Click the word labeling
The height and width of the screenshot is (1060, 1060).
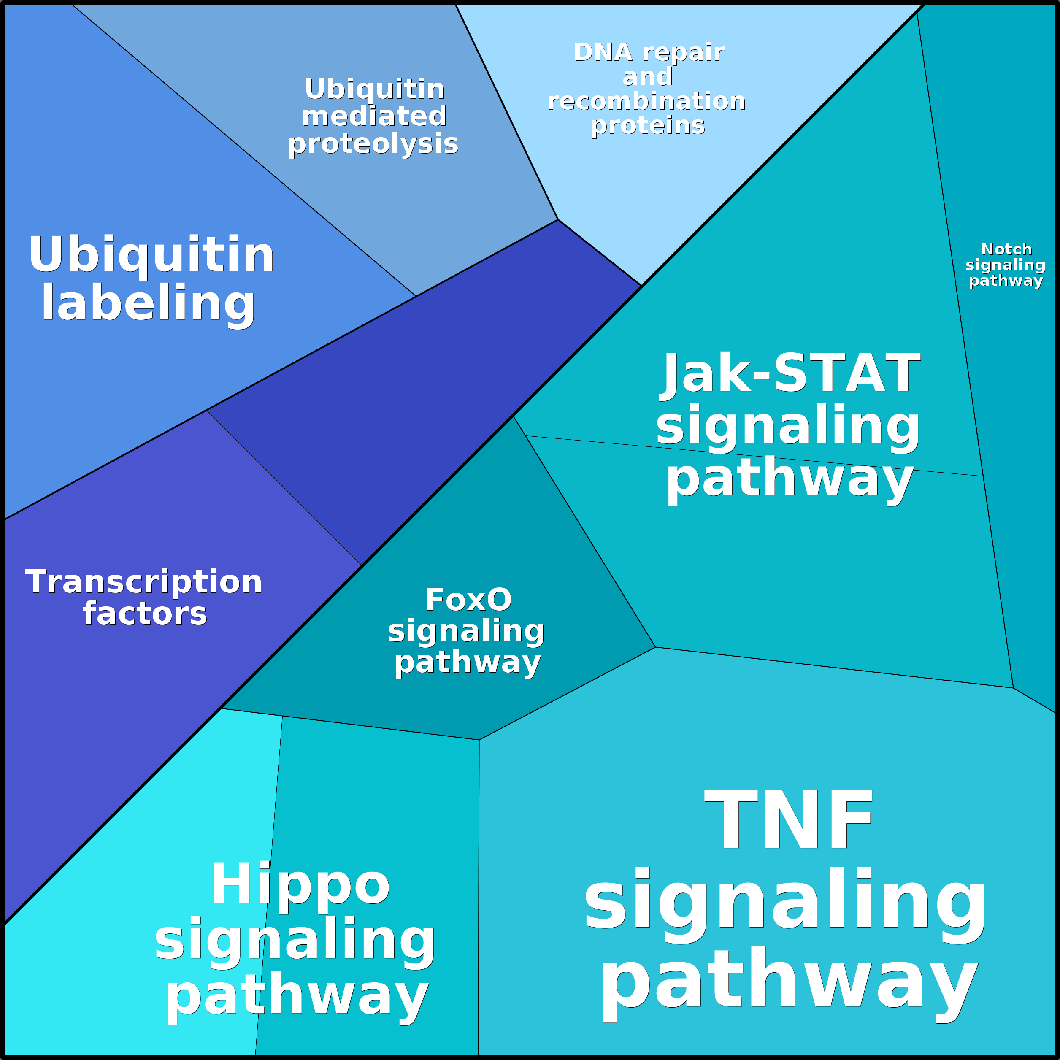coord(148,303)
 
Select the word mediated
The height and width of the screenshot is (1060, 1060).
coord(374,116)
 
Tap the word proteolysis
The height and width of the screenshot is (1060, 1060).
coord(373,144)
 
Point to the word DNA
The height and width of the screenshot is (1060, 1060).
coord(603,53)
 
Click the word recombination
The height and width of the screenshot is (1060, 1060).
coord(646,102)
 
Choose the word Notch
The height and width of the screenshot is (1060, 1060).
coord(1006,249)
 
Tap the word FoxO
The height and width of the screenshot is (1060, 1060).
coord(468,600)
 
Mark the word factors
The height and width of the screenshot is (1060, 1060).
coord(145,614)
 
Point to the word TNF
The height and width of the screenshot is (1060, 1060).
coord(788,821)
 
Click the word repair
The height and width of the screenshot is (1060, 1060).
coord(684,53)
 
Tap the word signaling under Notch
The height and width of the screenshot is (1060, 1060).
coord(1005,265)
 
